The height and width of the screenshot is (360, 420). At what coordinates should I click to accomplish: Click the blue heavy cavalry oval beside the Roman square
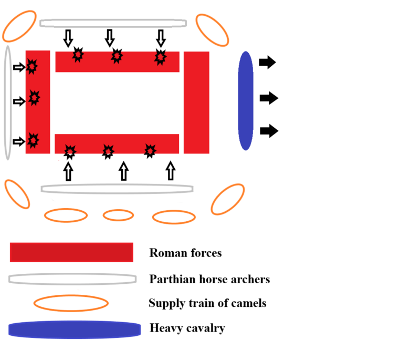[x=246, y=100]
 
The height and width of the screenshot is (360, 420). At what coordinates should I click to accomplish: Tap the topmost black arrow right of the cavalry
[x=267, y=63]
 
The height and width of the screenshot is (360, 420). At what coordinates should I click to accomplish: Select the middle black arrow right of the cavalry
[x=268, y=98]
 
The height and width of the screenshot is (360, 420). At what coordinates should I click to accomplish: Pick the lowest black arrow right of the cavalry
[x=268, y=130]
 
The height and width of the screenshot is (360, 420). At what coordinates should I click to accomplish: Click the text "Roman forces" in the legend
[x=185, y=253]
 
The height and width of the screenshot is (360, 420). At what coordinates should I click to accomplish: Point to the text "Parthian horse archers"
[x=209, y=279]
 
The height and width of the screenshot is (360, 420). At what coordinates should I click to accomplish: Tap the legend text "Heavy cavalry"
[x=187, y=328]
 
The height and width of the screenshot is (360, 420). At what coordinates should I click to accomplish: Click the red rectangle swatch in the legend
[x=71, y=252]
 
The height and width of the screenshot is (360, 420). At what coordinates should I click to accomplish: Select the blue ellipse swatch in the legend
[x=75, y=330]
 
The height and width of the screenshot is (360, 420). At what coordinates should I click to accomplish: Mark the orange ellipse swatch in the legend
[x=71, y=303]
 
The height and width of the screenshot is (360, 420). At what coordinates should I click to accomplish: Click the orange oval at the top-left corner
[x=19, y=26]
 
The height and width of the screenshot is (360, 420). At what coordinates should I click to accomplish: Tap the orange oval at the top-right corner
[x=212, y=29]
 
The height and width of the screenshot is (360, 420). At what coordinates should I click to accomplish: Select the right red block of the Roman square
[x=196, y=102]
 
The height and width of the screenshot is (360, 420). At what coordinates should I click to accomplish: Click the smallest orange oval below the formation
[x=118, y=215]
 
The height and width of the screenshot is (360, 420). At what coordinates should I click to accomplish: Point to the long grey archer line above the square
[x=113, y=23]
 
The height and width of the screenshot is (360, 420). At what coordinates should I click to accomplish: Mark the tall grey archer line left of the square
[x=8, y=102]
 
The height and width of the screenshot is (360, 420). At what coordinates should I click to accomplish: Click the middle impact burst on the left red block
[x=34, y=98]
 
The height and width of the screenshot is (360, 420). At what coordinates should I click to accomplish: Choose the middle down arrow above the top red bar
[x=109, y=37]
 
